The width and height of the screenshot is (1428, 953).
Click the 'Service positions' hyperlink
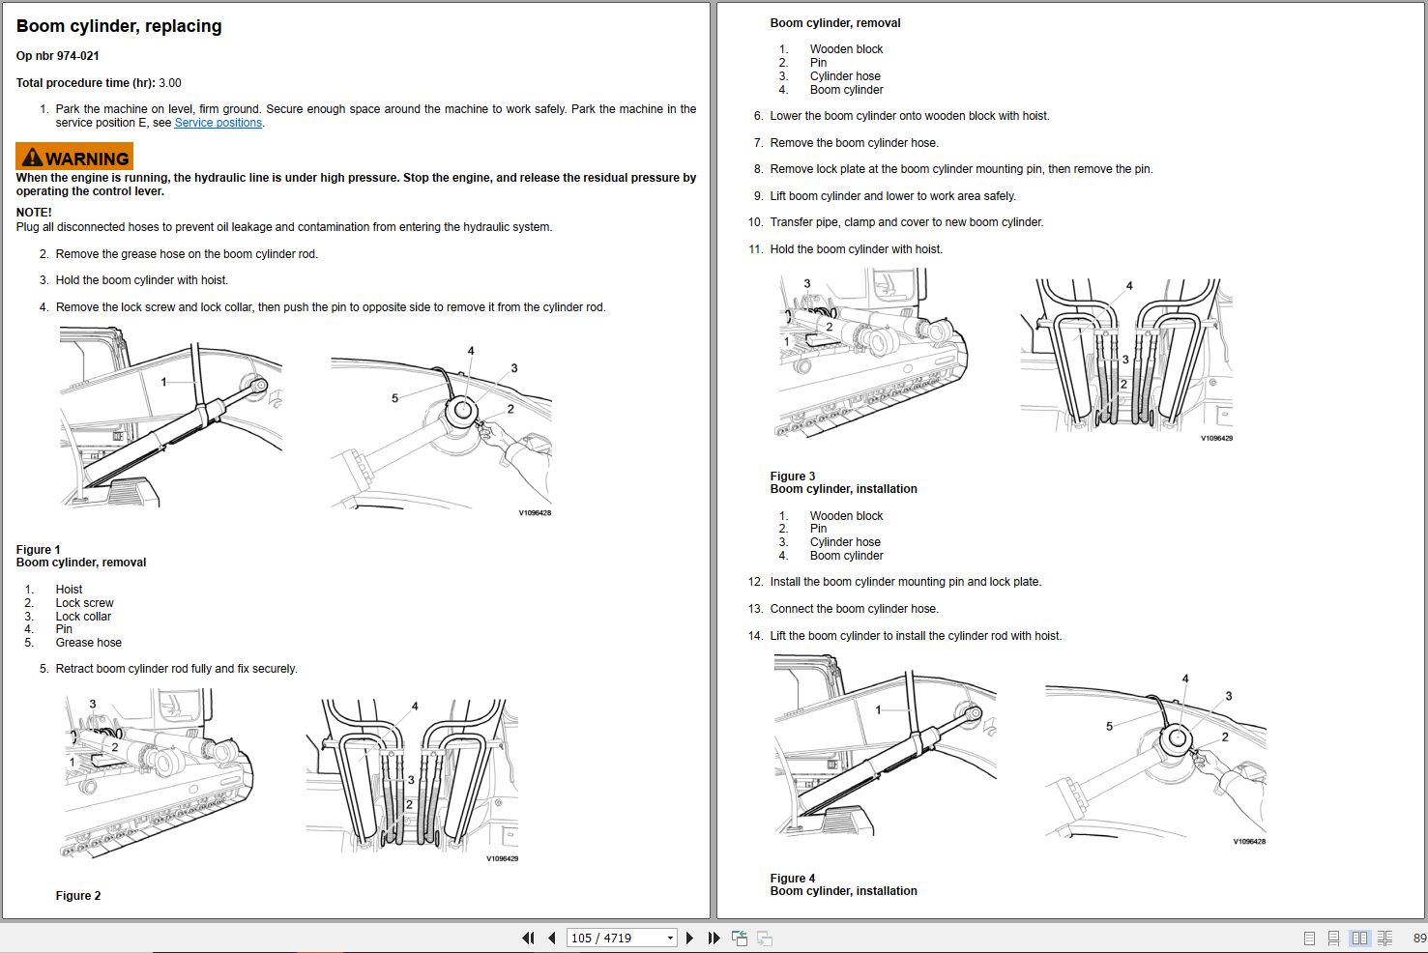pos(219,123)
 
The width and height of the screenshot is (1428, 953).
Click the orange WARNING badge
pos(74,157)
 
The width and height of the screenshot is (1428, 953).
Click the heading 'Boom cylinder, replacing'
pos(119,26)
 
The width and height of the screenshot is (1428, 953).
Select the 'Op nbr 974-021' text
pos(58,56)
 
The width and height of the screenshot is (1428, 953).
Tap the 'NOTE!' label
pos(34,213)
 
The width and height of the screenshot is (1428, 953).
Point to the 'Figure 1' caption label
pos(38,549)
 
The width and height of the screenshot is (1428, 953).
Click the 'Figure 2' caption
pos(78,896)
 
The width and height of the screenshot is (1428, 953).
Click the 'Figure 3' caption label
pos(793,476)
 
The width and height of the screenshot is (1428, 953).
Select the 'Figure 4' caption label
pos(793,878)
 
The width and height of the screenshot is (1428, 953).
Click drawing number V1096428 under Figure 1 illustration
pos(535,513)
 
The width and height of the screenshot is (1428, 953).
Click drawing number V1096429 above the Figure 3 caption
pos(1216,438)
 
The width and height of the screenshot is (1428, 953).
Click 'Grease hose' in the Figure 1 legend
pos(89,643)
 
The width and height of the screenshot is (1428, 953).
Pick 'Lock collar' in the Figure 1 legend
pos(83,617)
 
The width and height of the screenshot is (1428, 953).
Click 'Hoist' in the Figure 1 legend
pos(69,590)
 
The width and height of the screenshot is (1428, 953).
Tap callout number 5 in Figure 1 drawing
pos(394,398)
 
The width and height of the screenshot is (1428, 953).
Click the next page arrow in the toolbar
pos(689,938)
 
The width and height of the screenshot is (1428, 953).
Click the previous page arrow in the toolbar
pos(551,938)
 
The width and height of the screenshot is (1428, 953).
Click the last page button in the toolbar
pos(714,938)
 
